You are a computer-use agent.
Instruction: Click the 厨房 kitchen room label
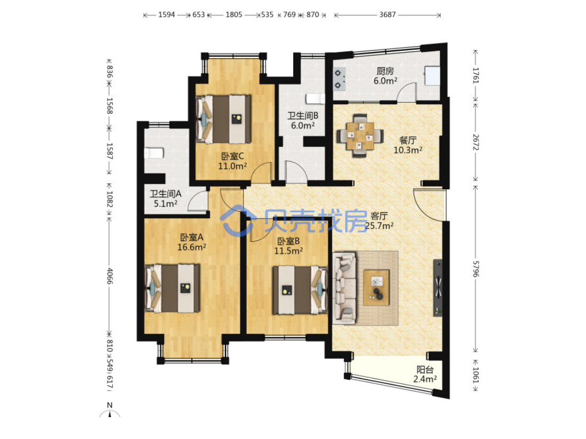click(x=385, y=71)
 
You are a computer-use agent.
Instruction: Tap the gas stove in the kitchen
click(x=339, y=79)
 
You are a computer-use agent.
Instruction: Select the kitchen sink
click(x=432, y=76)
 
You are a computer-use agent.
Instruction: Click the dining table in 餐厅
click(x=360, y=136)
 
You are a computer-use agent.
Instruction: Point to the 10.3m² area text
click(x=408, y=150)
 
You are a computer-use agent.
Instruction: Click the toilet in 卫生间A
click(x=154, y=153)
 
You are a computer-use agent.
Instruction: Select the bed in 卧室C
click(x=223, y=119)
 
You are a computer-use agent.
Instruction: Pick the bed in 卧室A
click(x=173, y=289)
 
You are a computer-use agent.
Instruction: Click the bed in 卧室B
click(x=300, y=290)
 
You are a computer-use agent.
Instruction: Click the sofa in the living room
click(x=344, y=288)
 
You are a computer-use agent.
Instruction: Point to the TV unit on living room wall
click(x=437, y=288)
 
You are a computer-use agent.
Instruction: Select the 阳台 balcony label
click(x=425, y=369)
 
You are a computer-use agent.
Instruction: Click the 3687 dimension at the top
click(x=387, y=14)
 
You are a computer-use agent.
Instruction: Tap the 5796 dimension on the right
click(x=475, y=269)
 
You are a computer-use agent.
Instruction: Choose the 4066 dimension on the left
click(x=109, y=276)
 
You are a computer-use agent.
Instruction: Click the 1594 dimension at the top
click(x=166, y=14)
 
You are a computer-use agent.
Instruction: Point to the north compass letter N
click(x=110, y=405)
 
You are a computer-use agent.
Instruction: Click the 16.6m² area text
click(x=192, y=247)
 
